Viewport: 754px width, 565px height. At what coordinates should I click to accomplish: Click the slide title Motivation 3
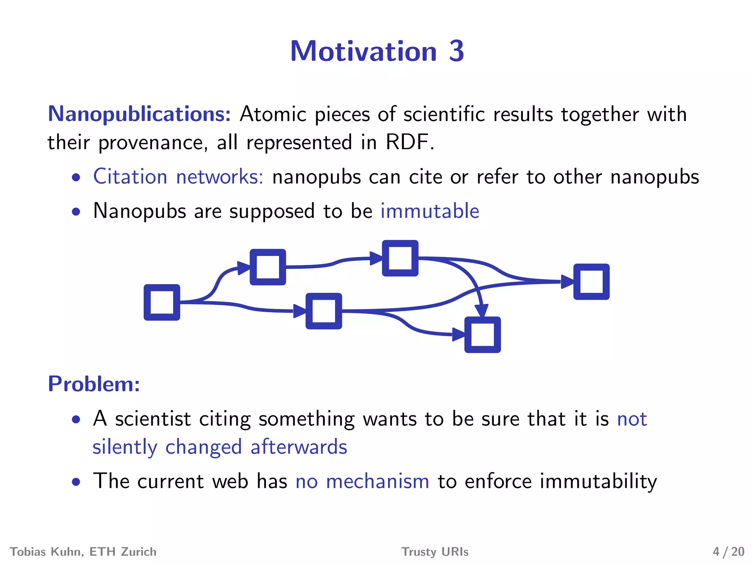tap(377, 51)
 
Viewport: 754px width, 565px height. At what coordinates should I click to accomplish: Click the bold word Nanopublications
tap(139, 114)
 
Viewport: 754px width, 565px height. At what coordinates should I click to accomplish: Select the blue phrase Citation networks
tap(178, 177)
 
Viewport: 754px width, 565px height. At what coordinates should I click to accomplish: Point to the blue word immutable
tap(430, 211)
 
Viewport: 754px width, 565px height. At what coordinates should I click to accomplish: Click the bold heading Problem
tap(94, 384)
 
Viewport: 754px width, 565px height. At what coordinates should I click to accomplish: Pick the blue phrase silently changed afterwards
tap(220, 447)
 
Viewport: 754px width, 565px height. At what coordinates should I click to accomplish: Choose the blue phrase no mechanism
tap(362, 482)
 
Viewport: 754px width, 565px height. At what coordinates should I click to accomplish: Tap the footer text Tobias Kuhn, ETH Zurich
tap(83, 552)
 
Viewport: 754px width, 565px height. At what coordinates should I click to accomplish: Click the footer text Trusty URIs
tap(435, 552)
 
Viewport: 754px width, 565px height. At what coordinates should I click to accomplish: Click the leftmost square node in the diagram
tap(162, 302)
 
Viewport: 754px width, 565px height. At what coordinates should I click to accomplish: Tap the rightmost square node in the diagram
tap(591, 282)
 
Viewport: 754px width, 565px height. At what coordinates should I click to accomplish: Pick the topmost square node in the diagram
tap(400, 258)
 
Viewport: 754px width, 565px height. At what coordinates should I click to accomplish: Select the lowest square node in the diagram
tap(482, 335)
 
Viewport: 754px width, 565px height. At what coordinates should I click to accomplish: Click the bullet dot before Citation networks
tap(76, 178)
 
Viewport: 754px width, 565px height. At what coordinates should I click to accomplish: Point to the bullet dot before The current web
tap(76, 482)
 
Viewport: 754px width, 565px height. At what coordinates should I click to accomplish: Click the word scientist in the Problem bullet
tap(153, 419)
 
